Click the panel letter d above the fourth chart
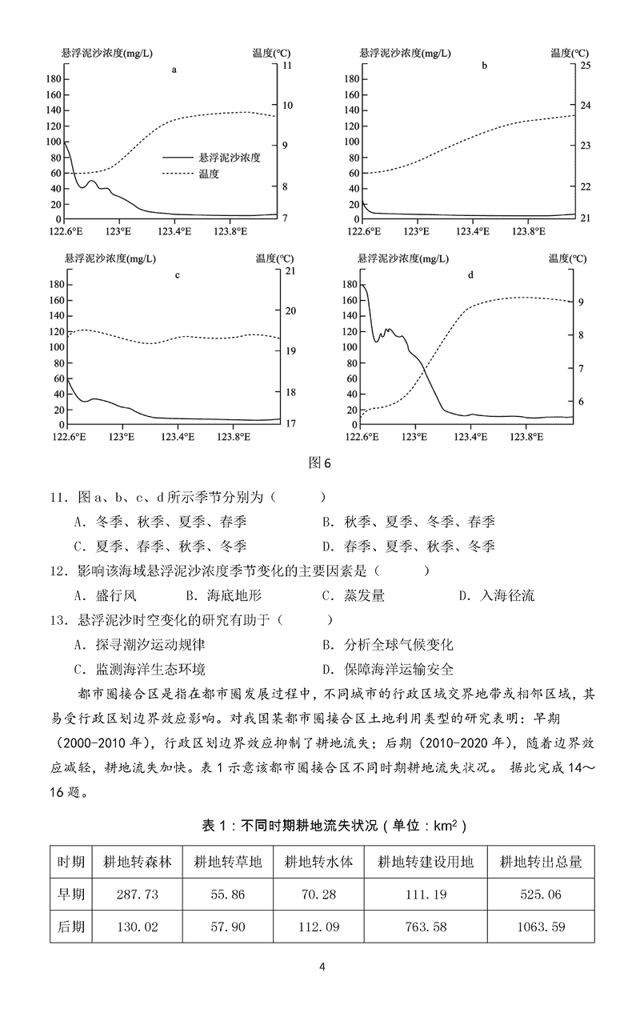point(470,275)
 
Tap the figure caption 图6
point(319,462)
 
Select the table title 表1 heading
point(320,824)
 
